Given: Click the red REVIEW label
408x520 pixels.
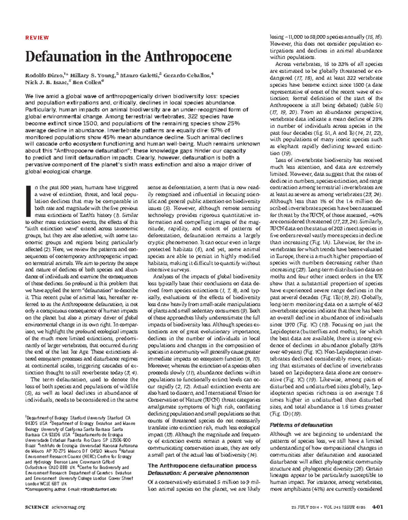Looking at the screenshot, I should click(x=37, y=38).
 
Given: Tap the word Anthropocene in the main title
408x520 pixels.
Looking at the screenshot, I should click(x=184, y=57).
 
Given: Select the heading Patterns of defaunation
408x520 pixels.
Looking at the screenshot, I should click(x=301, y=425).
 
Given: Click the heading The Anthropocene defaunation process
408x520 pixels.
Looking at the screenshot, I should click(x=202, y=466).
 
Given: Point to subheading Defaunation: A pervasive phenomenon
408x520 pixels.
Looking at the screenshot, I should click(x=199, y=473).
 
